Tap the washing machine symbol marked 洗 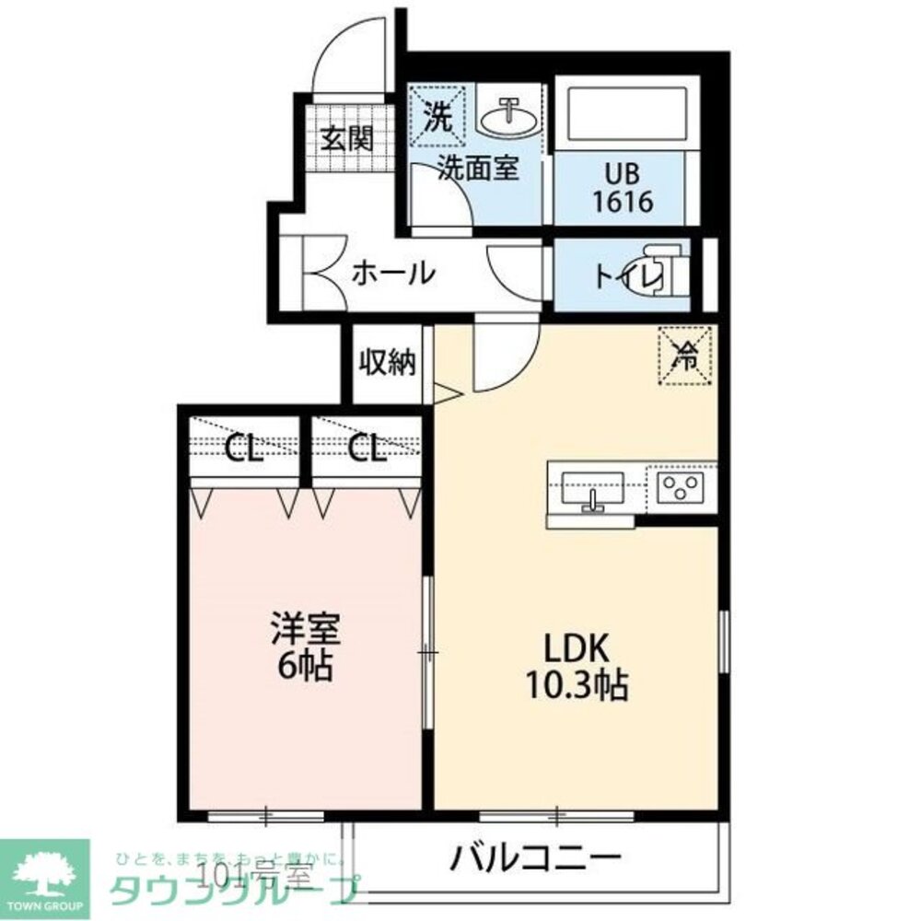click(437, 116)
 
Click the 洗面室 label click(478, 169)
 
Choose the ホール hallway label click(392, 273)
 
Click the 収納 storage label click(388, 362)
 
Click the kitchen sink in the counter click(592, 487)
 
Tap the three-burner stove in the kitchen click(682, 486)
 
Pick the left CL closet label click(244, 449)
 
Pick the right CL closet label click(367, 449)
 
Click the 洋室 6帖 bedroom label click(304, 647)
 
